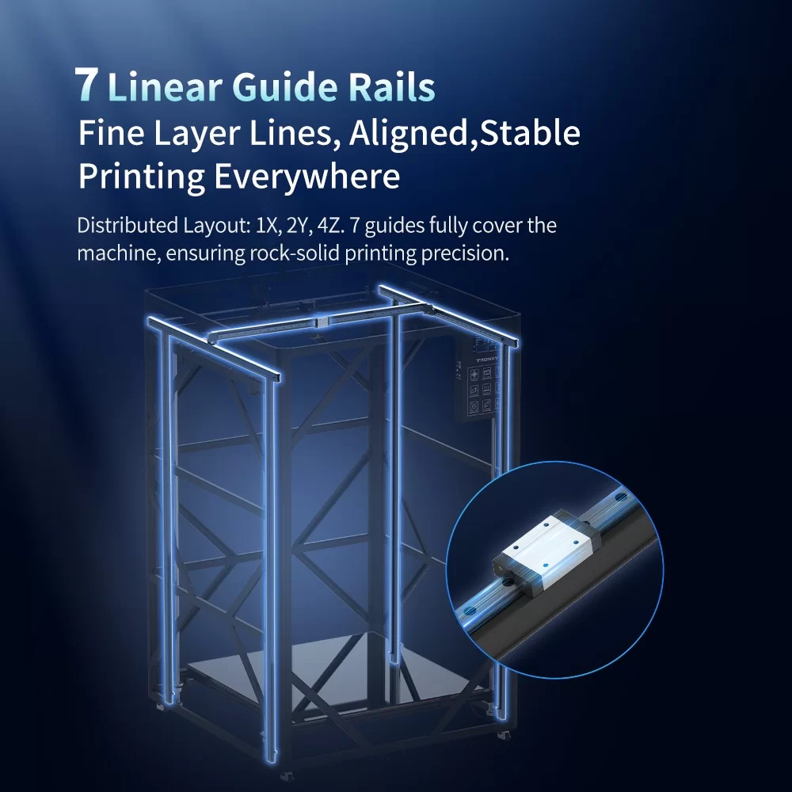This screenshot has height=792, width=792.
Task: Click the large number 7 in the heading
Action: point(86,85)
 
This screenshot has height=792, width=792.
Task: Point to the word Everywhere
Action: point(307,177)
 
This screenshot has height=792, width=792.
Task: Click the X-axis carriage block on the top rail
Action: point(322,322)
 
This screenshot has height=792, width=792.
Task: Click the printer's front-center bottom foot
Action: point(289,774)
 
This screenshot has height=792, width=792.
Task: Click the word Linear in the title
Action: point(166,86)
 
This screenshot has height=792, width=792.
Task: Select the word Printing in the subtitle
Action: point(142,177)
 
